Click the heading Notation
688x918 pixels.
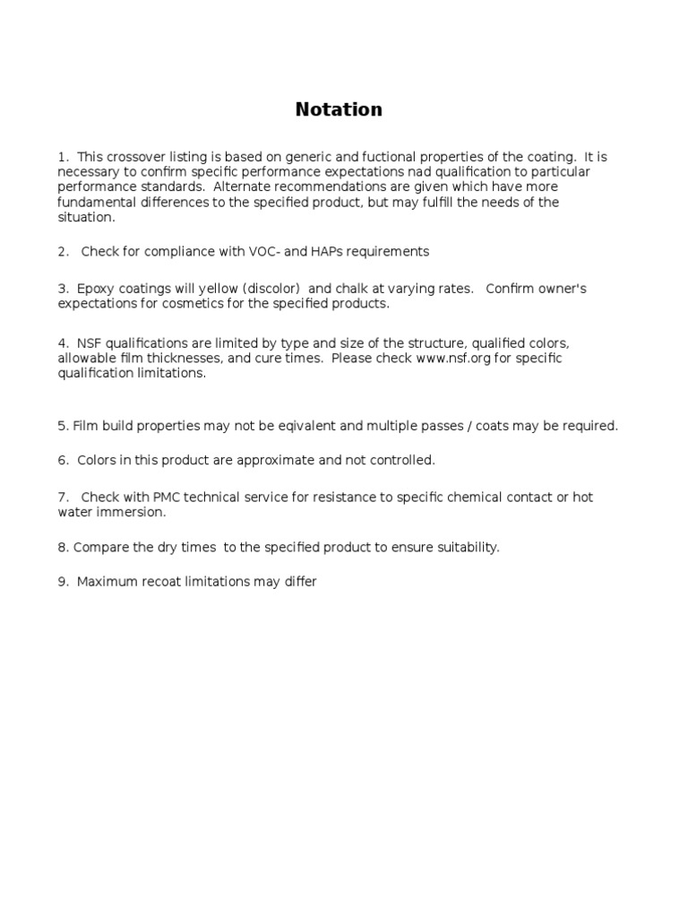pos(339,109)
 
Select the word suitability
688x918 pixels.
pos(463,547)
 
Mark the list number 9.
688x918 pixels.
pos(63,582)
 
